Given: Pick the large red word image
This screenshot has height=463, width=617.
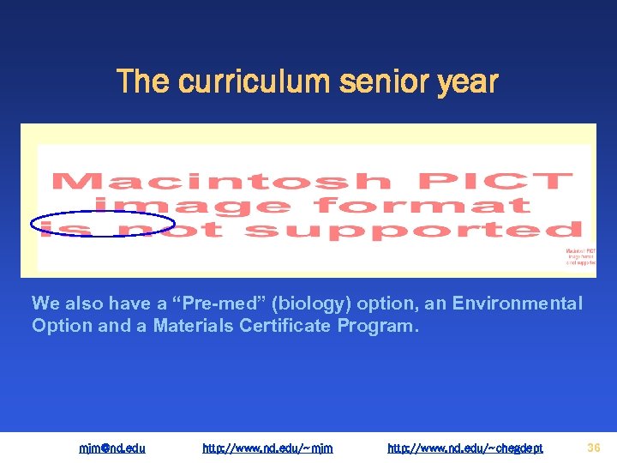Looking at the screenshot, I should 193,207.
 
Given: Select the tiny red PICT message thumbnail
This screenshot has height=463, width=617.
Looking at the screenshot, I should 578,256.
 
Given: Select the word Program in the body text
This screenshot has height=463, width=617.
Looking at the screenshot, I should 383,326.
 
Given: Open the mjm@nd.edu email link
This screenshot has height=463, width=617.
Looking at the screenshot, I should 112,448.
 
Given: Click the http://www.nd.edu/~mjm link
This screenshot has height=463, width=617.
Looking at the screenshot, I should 267,448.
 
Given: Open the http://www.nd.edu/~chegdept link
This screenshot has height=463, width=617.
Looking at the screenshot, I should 465,448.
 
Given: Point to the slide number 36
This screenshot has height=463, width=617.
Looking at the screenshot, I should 594,447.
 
